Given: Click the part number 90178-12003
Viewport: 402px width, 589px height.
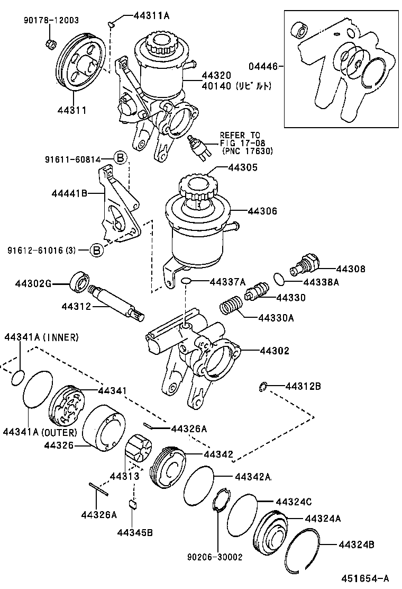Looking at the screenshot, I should [51, 21].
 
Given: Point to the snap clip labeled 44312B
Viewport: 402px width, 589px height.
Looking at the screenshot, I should [263, 387].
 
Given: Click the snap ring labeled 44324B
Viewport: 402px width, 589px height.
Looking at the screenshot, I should [303, 551].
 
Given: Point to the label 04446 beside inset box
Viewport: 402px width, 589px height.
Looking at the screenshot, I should [263, 66].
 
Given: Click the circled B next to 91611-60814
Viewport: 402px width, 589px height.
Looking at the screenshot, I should [120, 157].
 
